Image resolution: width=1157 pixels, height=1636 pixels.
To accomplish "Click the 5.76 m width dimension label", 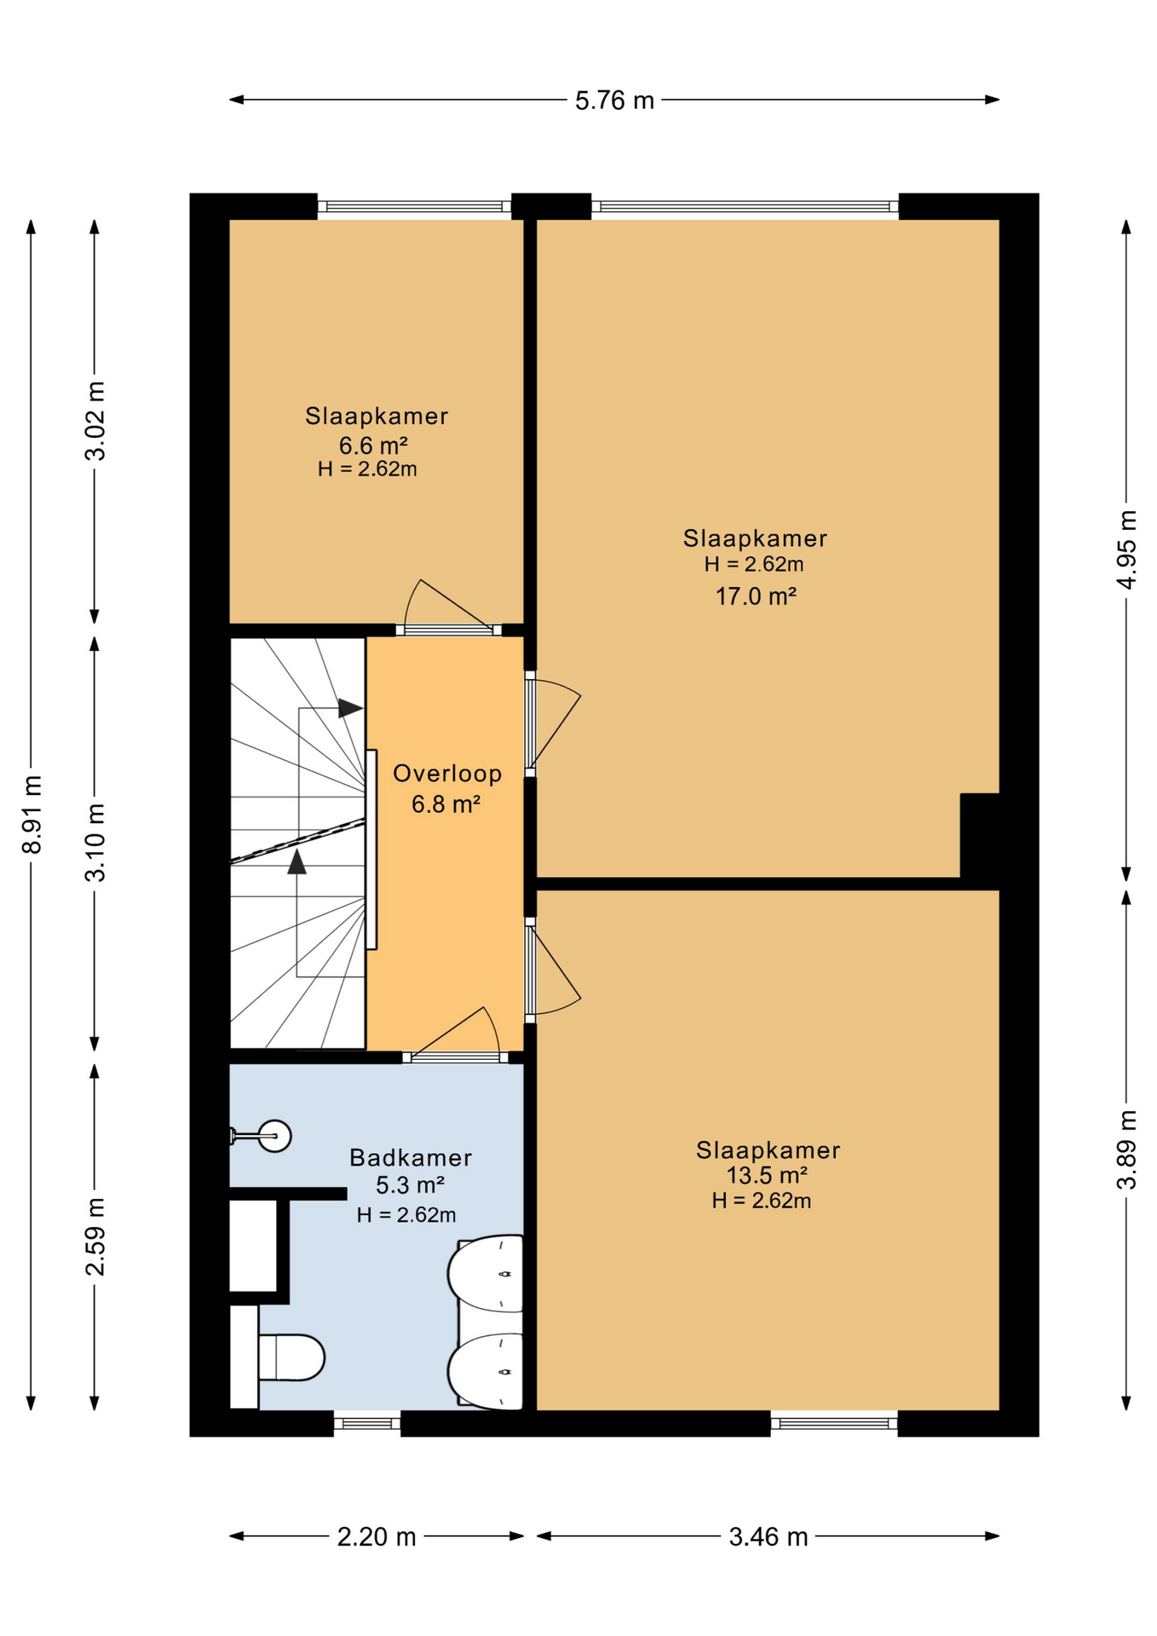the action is (614, 101).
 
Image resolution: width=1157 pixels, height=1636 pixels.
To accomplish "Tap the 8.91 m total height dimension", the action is (32, 815).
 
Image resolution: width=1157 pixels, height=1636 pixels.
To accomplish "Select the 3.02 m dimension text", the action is (95, 421).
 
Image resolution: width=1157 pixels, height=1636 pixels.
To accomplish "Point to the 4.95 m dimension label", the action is (1126, 550).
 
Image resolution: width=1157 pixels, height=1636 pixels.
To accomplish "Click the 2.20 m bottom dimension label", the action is (377, 1536).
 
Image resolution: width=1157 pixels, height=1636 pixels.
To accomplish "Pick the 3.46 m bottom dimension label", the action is (768, 1536).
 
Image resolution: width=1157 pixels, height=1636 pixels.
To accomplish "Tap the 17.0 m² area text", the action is (756, 596).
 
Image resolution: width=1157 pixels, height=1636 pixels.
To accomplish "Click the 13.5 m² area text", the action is (767, 1175).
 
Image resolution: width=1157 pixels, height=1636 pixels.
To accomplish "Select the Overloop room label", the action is (447, 774).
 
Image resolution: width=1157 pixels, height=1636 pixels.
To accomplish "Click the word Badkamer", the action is (411, 1158).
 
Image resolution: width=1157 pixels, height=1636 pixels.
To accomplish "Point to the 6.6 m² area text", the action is (373, 445).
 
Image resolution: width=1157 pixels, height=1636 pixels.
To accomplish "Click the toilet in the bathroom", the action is (291, 1357).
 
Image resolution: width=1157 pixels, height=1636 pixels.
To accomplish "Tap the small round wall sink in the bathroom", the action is (274, 1136).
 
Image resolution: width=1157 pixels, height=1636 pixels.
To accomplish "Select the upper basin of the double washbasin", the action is (486, 1273).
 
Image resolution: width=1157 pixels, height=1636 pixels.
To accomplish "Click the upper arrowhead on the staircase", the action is (350, 708).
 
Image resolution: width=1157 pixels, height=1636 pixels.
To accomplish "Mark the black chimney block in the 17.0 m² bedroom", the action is (980, 835).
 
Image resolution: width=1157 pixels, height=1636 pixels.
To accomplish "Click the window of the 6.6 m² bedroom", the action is (414, 205).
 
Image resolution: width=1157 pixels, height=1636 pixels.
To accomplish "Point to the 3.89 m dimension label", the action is (1126, 1149).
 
